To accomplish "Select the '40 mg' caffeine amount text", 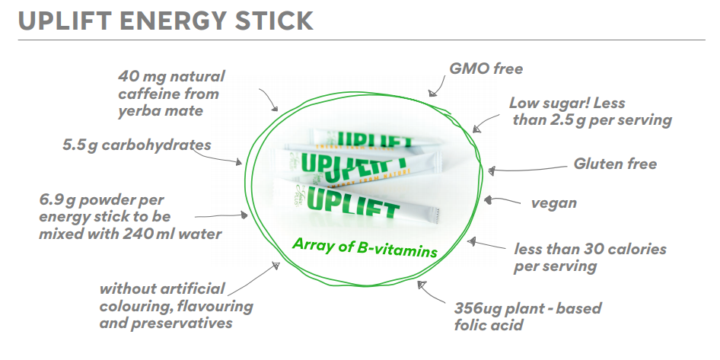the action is [x=135, y=77].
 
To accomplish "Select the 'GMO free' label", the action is [x=486, y=68].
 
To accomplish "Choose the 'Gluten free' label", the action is [x=615, y=164].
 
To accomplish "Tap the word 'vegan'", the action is [x=554, y=203].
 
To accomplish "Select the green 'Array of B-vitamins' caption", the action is [x=365, y=248].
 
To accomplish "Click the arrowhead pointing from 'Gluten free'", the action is [x=492, y=170].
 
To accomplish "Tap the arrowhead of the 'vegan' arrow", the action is [x=488, y=199].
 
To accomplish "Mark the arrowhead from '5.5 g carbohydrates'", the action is [x=238, y=161].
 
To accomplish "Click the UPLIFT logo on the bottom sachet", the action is [x=352, y=202].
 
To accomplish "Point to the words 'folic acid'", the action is [x=489, y=326].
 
